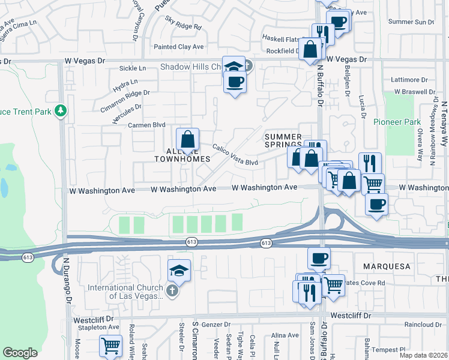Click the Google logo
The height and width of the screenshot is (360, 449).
[20, 353]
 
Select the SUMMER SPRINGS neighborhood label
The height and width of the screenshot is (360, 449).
[284, 140]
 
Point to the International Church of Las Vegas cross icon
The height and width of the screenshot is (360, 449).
[172, 291]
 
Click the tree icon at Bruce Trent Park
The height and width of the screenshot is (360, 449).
[59, 110]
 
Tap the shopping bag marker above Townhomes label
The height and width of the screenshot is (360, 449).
[188, 140]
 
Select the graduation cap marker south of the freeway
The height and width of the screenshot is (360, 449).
[179, 272]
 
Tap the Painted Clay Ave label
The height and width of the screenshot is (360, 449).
[179, 47]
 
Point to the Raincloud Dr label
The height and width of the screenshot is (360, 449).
[423, 325]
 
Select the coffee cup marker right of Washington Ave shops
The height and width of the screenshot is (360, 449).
[376, 205]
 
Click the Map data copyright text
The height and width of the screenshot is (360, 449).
[424, 353]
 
